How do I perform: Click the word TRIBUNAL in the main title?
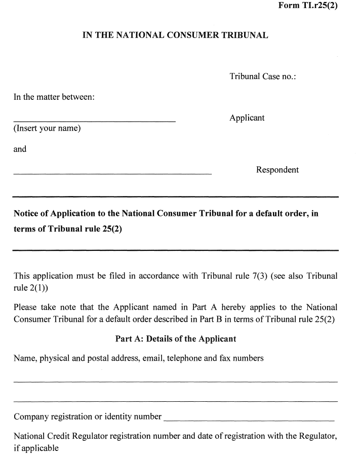[x=242, y=35]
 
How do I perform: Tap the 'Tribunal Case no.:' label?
[x=262, y=77]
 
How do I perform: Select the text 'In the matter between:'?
[x=54, y=97]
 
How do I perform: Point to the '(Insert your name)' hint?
[x=47, y=128]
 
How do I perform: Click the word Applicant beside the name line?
[x=247, y=118]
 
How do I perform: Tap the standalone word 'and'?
[x=20, y=149]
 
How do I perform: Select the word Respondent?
[x=277, y=170]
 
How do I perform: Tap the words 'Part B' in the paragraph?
[x=218, y=320]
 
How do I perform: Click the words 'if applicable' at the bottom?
[x=36, y=448]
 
